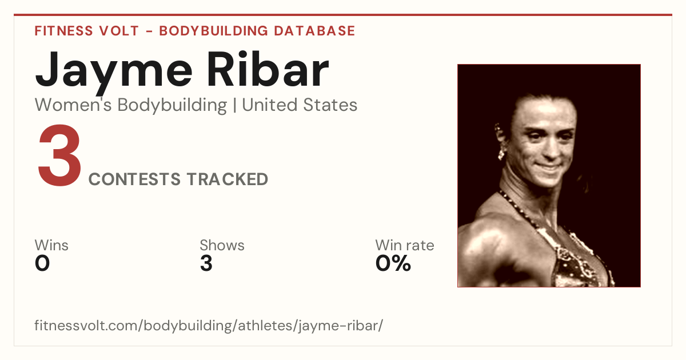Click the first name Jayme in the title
click(x=114, y=72)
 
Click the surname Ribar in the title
click(x=268, y=69)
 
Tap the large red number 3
click(x=59, y=155)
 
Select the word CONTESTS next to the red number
click(x=134, y=179)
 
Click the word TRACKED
click(x=228, y=179)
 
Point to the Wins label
click(x=51, y=245)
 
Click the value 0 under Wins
click(x=42, y=263)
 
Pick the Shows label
click(x=222, y=245)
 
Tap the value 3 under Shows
click(x=206, y=263)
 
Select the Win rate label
click(x=405, y=245)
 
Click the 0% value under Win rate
click(x=393, y=263)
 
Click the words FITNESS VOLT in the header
click(x=87, y=31)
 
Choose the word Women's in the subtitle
click(x=73, y=105)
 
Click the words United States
click(x=300, y=105)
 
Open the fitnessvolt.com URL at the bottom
click(x=209, y=325)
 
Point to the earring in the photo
click(x=501, y=152)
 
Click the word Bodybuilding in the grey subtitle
click(x=172, y=105)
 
